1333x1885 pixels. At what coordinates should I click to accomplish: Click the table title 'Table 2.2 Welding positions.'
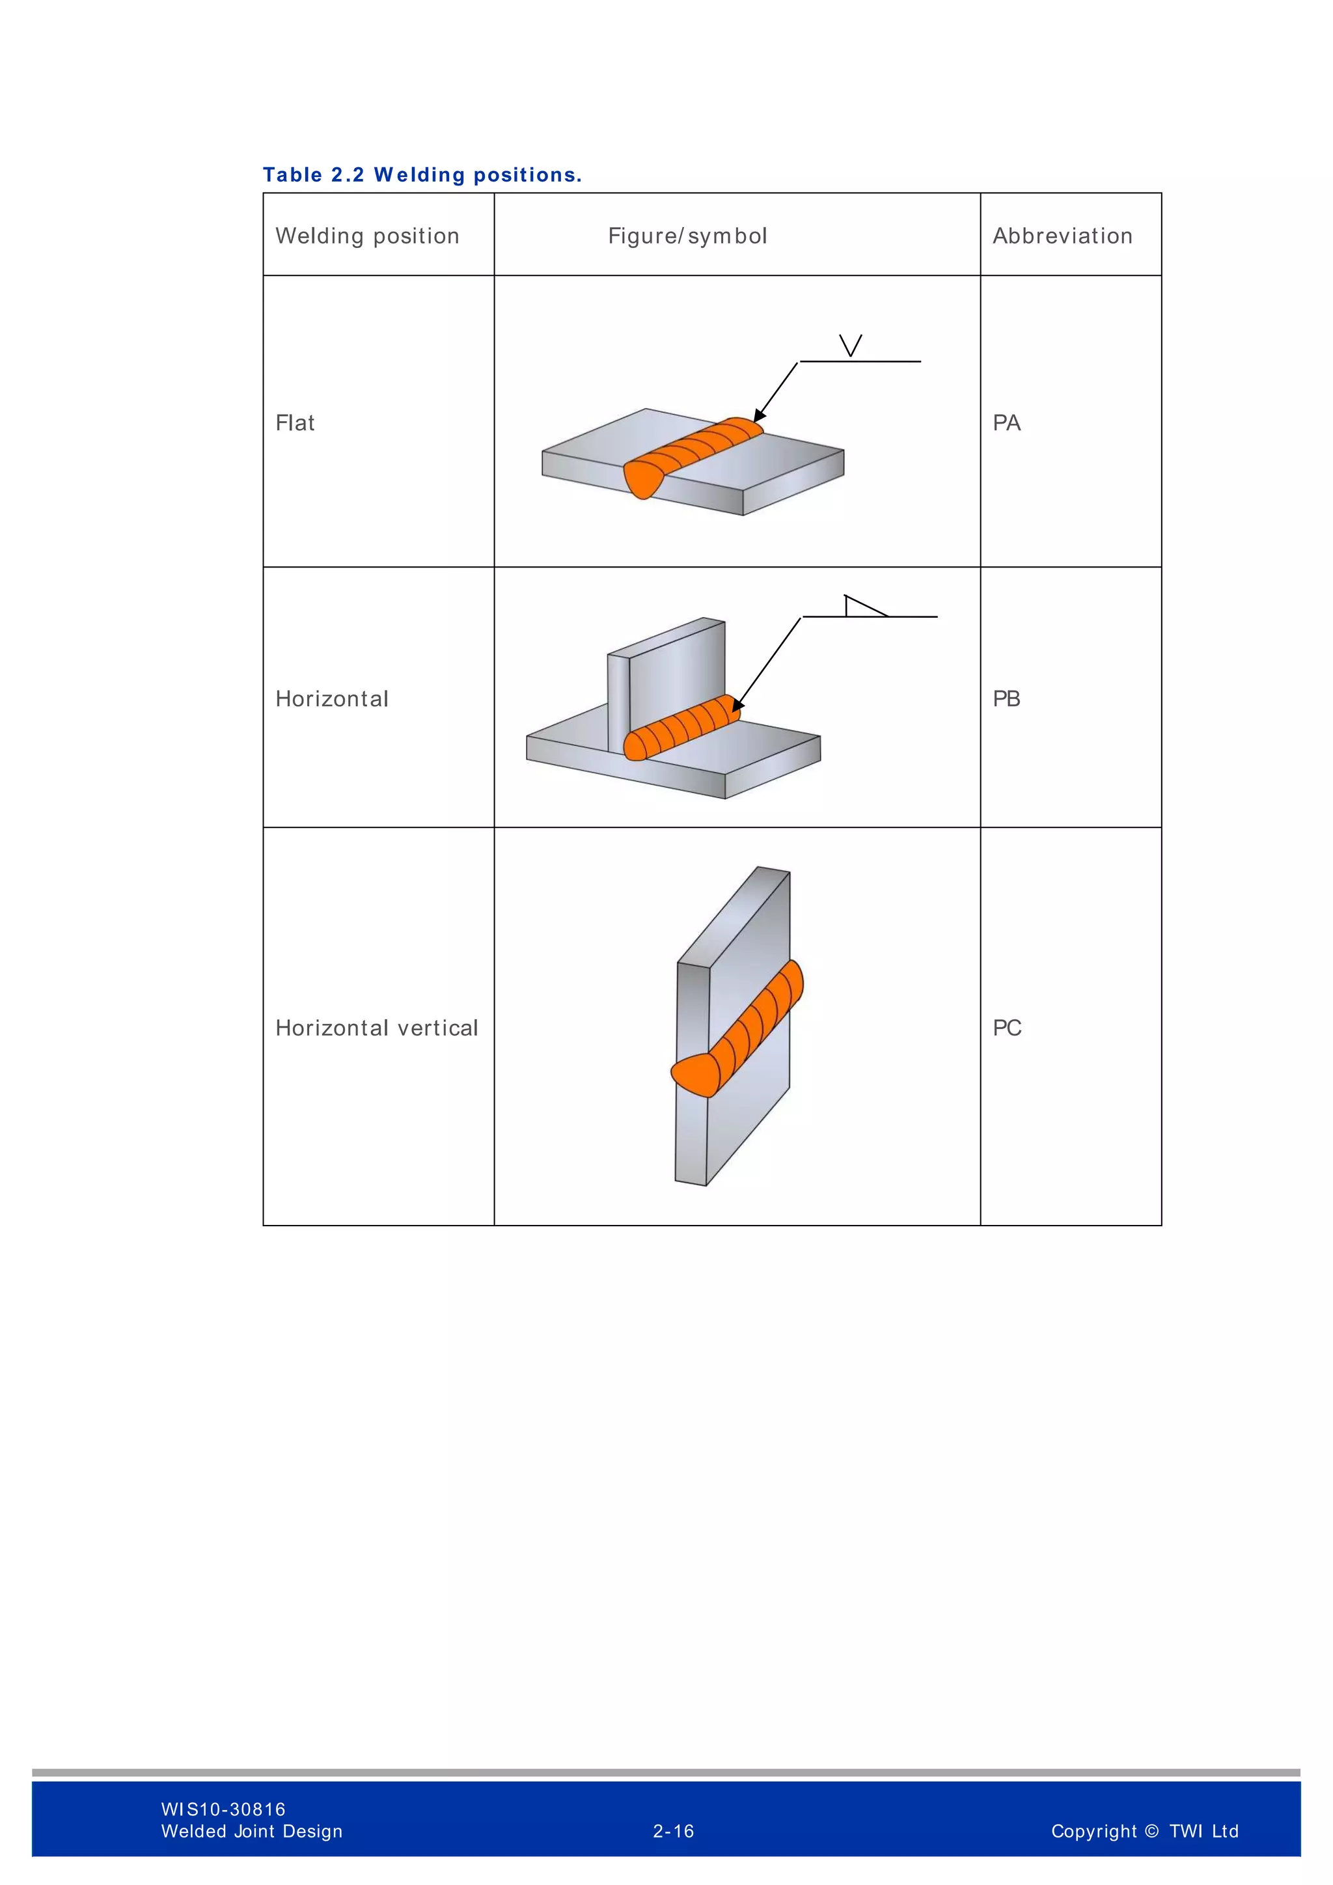point(422,175)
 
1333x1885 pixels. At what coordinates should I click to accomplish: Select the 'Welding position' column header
point(367,236)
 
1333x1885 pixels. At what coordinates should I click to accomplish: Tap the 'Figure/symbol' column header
point(687,236)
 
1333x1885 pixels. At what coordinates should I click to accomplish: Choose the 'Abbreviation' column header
point(1062,236)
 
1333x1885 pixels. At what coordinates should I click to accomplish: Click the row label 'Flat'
point(295,423)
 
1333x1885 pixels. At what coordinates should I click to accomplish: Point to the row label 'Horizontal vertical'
point(376,1028)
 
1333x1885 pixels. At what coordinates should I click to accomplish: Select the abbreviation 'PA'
point(1006,423)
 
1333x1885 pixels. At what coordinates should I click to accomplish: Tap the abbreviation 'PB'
point(1006,698)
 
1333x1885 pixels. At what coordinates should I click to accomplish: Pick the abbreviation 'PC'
point(1006,1028)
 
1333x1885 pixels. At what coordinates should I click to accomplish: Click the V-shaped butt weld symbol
point(850,346)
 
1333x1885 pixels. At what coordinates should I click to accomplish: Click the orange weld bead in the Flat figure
point(689,456)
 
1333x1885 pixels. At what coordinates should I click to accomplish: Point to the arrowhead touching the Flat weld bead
point(760,416)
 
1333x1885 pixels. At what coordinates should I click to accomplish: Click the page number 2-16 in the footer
point(673,1831)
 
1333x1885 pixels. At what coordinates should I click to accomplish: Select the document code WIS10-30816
point(223,1809)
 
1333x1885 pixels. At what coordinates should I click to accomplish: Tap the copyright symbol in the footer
point(1151,1831)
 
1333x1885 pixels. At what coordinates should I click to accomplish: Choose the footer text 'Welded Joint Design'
point(251,1831)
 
